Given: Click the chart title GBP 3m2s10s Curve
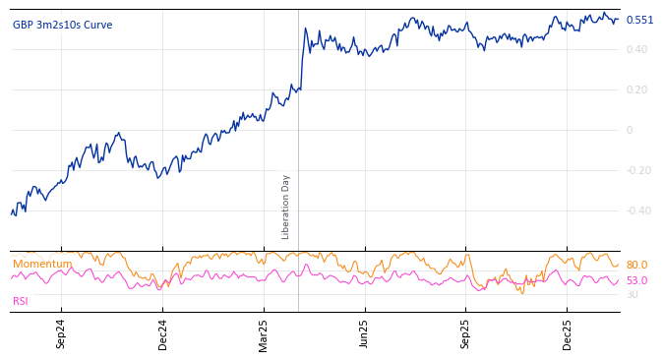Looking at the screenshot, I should click(62, 25).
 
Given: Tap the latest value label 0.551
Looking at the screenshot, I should click(639, 20).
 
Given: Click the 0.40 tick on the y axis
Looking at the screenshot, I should click(636, 49).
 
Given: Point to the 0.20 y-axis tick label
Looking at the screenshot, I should click(636, 90).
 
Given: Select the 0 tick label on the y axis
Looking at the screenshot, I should click(630, 130).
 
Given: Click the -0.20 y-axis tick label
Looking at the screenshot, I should click(638, 170).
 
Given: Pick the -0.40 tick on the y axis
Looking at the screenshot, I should click(638, 210).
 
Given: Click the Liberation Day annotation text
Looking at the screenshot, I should click(286, 207).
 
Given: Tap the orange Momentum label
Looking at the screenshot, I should click(42, 264).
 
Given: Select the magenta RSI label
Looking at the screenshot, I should click(21, 301).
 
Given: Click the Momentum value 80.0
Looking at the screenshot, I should click(636, 265).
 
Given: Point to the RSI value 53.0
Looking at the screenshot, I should click(636, 280).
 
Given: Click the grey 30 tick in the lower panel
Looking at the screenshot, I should click(632, 294).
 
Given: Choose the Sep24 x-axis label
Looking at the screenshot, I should click(61, 334).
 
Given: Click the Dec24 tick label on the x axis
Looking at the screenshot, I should click(162, 334).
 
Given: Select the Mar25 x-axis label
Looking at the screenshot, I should click(264, 334).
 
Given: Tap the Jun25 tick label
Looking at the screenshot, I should click(364, 334).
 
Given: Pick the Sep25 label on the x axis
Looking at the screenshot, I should click(465, 334).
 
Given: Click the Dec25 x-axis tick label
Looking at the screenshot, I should click(567, 334).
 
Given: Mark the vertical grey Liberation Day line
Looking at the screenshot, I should click(298, 118).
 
